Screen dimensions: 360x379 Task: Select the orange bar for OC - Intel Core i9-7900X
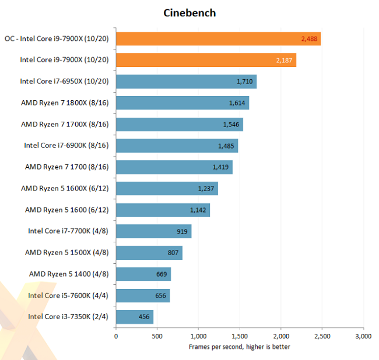coord(218,38)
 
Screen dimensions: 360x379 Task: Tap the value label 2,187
coord(285,60)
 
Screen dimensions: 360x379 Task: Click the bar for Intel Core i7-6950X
coord(186,82)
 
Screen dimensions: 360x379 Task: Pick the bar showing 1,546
coord(179,124)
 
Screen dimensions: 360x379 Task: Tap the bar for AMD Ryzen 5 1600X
coord(167,189)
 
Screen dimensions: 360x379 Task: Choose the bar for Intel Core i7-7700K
coord(153,231)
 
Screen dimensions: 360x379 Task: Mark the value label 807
coord(173,253)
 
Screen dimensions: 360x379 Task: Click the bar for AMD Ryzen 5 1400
coord(143,274)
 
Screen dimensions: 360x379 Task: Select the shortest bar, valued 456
coord(135,317)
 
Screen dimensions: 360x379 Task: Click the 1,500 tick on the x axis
coord(240,337)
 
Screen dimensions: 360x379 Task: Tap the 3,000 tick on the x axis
coord(363,337)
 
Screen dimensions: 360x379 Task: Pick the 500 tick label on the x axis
coord(157,337)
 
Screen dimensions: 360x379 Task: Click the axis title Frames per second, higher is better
coord(240,347)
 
